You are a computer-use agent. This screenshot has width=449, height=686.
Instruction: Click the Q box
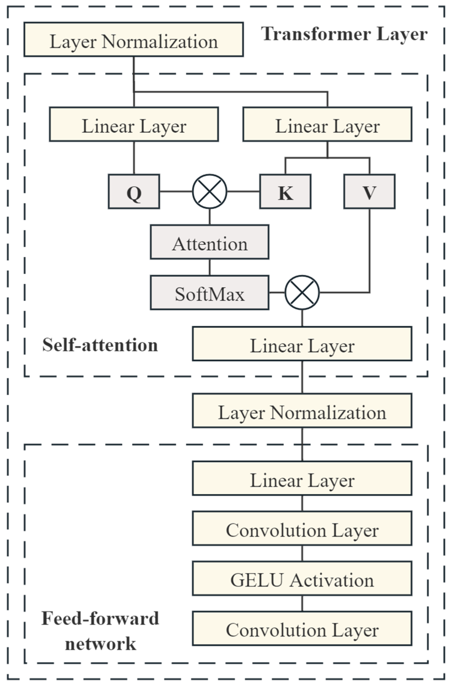tap(134, 191)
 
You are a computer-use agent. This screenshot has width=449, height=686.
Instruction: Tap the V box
tap(369, 191)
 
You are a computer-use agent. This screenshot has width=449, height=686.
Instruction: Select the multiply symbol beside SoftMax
tap(302, 293)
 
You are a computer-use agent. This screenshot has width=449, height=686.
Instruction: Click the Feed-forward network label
tap(100, 631)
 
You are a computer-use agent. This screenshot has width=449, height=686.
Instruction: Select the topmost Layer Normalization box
tap(134, 40)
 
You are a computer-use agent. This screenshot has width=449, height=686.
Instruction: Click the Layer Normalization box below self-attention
tap(302, 411)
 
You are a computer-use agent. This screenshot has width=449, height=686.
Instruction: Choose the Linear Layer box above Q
tap(134, 124)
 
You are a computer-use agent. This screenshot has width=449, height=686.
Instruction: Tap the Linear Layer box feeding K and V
tap(327, 124)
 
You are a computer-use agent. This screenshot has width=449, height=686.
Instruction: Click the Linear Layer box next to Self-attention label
tap(302, 344)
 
